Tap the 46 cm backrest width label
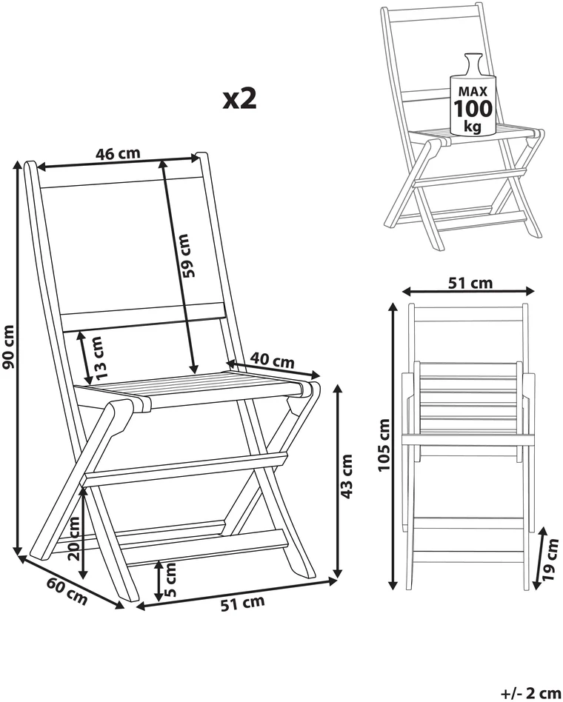click(118, 153)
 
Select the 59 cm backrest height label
click(188, 255)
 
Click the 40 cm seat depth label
click(273, 360)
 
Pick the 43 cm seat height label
click(347, 476)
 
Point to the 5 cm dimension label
click(170, 581)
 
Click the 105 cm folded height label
click(384, 445)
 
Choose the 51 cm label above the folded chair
click(470, 283)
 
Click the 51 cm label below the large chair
click(242, 603)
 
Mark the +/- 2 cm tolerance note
click(530, 694)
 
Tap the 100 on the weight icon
click(473, 108)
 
